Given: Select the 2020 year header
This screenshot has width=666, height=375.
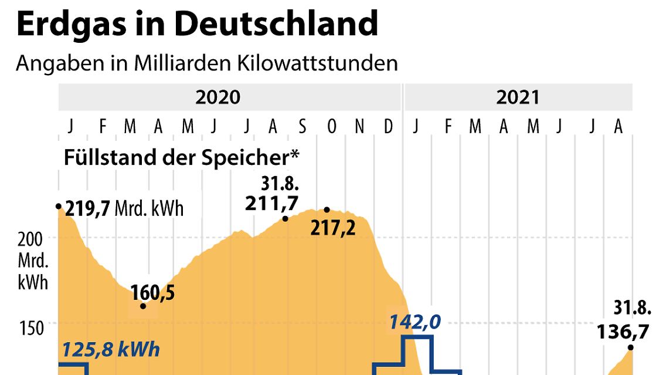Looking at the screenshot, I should pyautogui.click(x=218, y=97).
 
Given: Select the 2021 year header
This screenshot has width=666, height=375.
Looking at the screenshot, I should pyautogui.click(x=517, y=97).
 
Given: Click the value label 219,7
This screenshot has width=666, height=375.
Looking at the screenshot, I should pyautogui.click(x=88, y=208).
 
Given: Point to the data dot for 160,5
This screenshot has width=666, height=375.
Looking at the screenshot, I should pyautogui.click(x=143, y=306).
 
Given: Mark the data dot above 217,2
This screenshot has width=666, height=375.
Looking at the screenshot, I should pyautogui.click(x=327, y=210).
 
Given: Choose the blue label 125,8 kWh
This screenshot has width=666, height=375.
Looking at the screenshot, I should pyautogui.click(x=111, y=350).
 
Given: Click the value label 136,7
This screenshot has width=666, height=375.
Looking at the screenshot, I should pyautogui.click(x=623, y=332).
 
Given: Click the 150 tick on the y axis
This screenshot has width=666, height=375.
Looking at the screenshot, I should pyautogui.click(x=34, y=328).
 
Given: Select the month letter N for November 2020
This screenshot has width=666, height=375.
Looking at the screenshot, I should pyautogui.click(x=360, y=126).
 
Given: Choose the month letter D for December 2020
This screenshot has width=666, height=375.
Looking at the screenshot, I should pyautogui.click(x=388, y=126).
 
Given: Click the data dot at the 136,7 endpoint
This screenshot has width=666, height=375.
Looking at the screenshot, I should pyautogui.click(x=631, y=348).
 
